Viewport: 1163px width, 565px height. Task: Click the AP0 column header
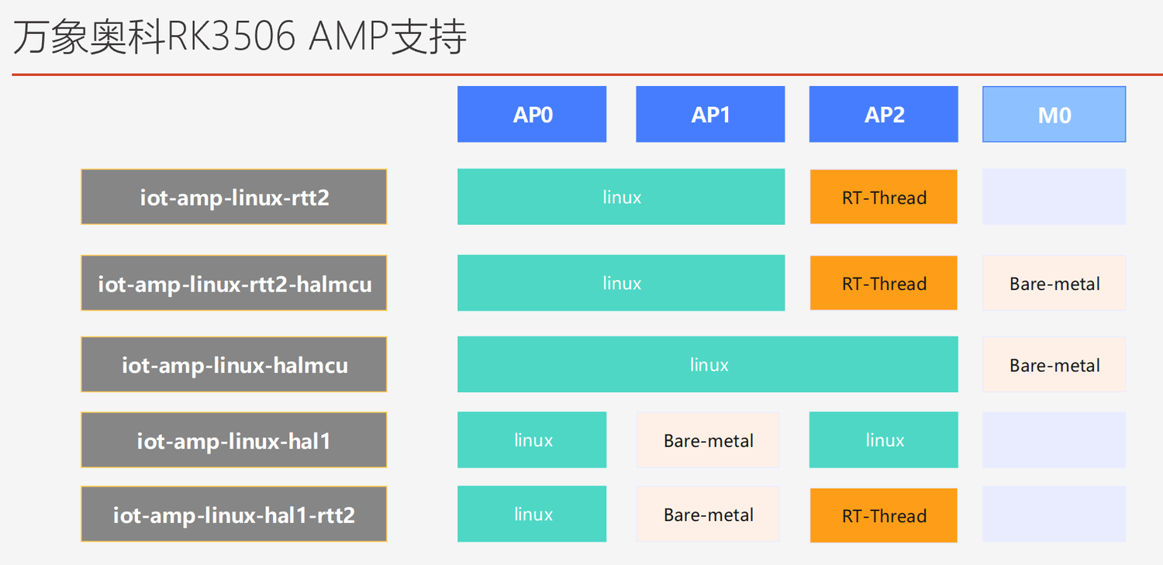click(x=532, y=114)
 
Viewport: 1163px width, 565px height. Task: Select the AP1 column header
click(x=710, y=114)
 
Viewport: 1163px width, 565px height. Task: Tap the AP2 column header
click(x=884, y=114)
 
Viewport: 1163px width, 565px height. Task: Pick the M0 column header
click(x=1054, y=114)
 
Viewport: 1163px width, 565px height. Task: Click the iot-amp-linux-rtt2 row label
click(x=233, y=197)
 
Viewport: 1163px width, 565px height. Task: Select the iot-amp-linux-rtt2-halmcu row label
click(x=233, y=283)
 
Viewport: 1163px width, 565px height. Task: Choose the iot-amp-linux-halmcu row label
click(x=233, y=364)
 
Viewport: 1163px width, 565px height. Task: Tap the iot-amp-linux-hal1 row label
click(x=233, y=440)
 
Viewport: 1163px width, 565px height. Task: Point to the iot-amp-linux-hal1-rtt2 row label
click(x=233, y=514)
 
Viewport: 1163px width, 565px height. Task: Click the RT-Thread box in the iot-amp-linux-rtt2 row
click(x=884, y=197)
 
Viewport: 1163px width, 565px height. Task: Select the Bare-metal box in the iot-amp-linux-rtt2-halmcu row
click(x=1054, y=283)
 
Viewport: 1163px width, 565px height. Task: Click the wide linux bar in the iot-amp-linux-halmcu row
click(x=708, y=364)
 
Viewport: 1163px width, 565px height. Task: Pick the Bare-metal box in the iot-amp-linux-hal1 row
click(x=708, y=440)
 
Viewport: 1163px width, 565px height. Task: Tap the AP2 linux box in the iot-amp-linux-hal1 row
click(x=884, y=440)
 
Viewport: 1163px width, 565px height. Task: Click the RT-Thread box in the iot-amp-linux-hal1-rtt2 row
click(x=884, y=515)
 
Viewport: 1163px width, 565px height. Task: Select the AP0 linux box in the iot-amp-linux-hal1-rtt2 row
click(x=532, y=514)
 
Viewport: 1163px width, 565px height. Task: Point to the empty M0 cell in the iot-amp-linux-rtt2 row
click(x=1054, y=197)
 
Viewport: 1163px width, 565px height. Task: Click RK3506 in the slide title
click(x=231, y=37)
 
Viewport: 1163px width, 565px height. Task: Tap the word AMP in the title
click(x=349, y=37)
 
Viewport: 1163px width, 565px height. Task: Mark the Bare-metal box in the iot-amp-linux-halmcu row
click(x=1054, y=364)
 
